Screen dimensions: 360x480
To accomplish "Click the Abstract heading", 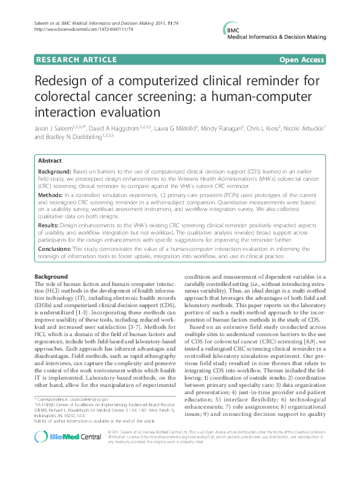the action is [50, 161].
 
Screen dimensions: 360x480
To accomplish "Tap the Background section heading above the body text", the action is [51, 276].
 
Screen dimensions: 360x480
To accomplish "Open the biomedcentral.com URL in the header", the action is [76, 28].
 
